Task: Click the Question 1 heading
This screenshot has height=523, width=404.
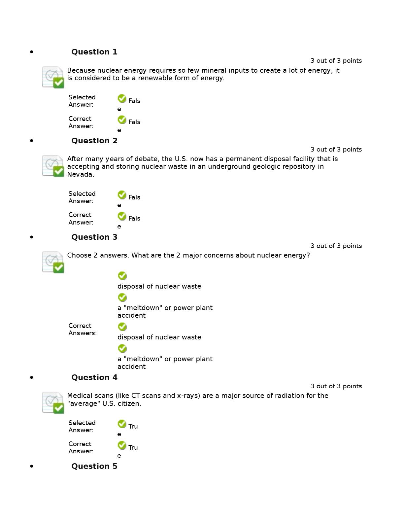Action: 94,52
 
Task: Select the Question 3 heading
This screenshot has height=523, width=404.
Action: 94,237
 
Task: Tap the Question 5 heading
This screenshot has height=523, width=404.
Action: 94,466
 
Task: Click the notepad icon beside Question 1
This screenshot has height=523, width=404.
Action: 53,77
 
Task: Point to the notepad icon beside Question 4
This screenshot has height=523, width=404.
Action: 53,403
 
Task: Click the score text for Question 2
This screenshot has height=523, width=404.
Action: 336,150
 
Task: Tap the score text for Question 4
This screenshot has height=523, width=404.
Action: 336,386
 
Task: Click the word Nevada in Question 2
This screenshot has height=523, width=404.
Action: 81,175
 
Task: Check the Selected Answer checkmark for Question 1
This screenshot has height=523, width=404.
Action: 122,98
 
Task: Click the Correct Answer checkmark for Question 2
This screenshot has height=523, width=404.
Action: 122,216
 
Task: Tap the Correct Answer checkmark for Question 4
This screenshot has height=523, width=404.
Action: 122,445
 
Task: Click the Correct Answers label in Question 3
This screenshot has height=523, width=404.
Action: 83,329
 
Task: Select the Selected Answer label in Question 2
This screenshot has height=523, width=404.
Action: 82,197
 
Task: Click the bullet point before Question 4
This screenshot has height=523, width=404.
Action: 32,377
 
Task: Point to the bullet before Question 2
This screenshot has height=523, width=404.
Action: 32,141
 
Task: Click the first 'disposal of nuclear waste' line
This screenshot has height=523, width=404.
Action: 159,286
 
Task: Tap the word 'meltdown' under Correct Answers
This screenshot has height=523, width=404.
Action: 143,359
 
